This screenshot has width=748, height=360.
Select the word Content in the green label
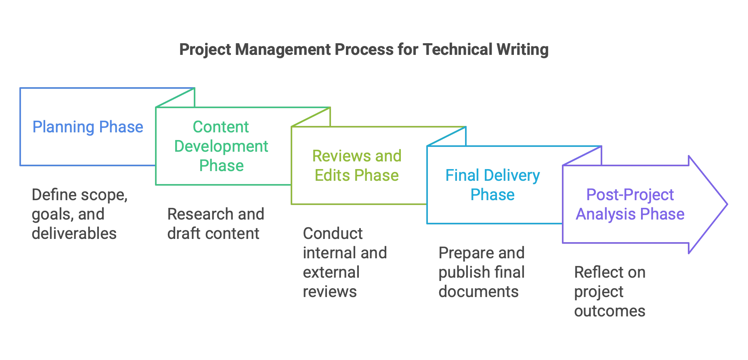[220, 127]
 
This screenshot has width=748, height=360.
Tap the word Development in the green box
[221, 146]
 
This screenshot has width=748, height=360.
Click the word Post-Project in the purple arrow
[630, 195]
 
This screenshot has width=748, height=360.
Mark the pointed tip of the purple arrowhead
[727, 204]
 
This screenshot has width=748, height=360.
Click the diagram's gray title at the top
[363, 50]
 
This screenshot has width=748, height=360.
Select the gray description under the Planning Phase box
[80, 214]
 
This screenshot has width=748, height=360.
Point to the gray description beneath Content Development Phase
[216, 224]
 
